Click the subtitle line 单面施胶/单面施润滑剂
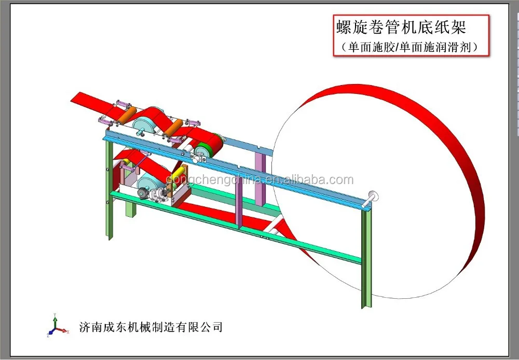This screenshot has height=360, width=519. point(410,46)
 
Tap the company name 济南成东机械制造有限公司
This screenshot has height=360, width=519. point(151,327)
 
